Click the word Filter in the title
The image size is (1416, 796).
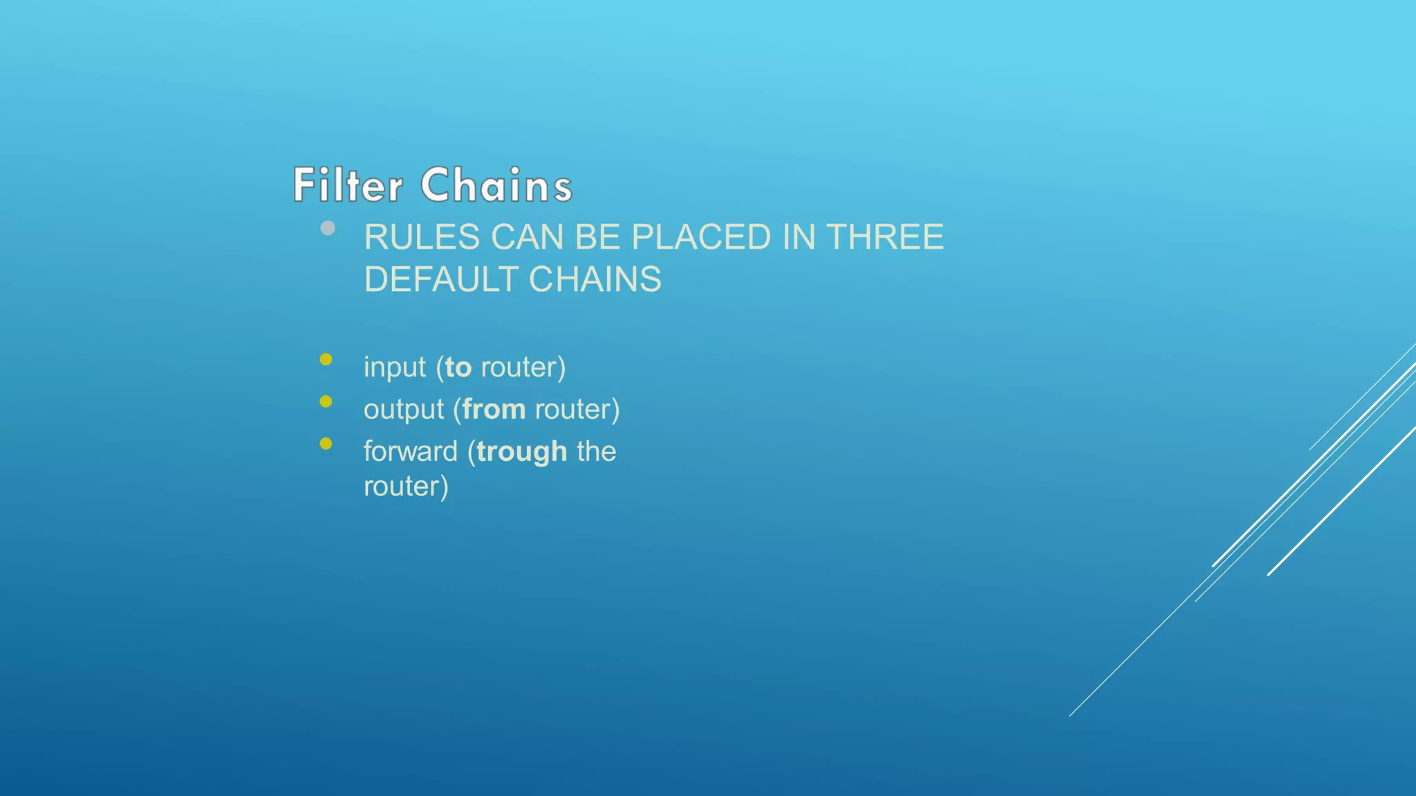[x=347, y=185]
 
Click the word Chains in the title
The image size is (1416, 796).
[x=496, y=185]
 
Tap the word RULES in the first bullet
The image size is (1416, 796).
[x=422, y=238]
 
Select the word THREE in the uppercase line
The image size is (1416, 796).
[x=885, y=238]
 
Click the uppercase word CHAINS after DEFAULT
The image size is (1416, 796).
[x=595, y=280]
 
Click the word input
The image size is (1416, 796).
[x=395, y=368]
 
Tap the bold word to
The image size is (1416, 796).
[x=458, y=368]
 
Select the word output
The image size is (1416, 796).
[x=404, y=410]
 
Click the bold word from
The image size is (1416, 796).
[x=494, y=410]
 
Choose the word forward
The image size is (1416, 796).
[x=411, y=452]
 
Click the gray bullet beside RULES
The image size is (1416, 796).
[x=328, y=228]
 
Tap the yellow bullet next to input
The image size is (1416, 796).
[x=326, y=359]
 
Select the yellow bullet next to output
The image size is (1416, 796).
[x=326, y=401]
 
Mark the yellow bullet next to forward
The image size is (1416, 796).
[x=326, y=444]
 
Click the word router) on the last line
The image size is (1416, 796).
[x=406, y=487]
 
